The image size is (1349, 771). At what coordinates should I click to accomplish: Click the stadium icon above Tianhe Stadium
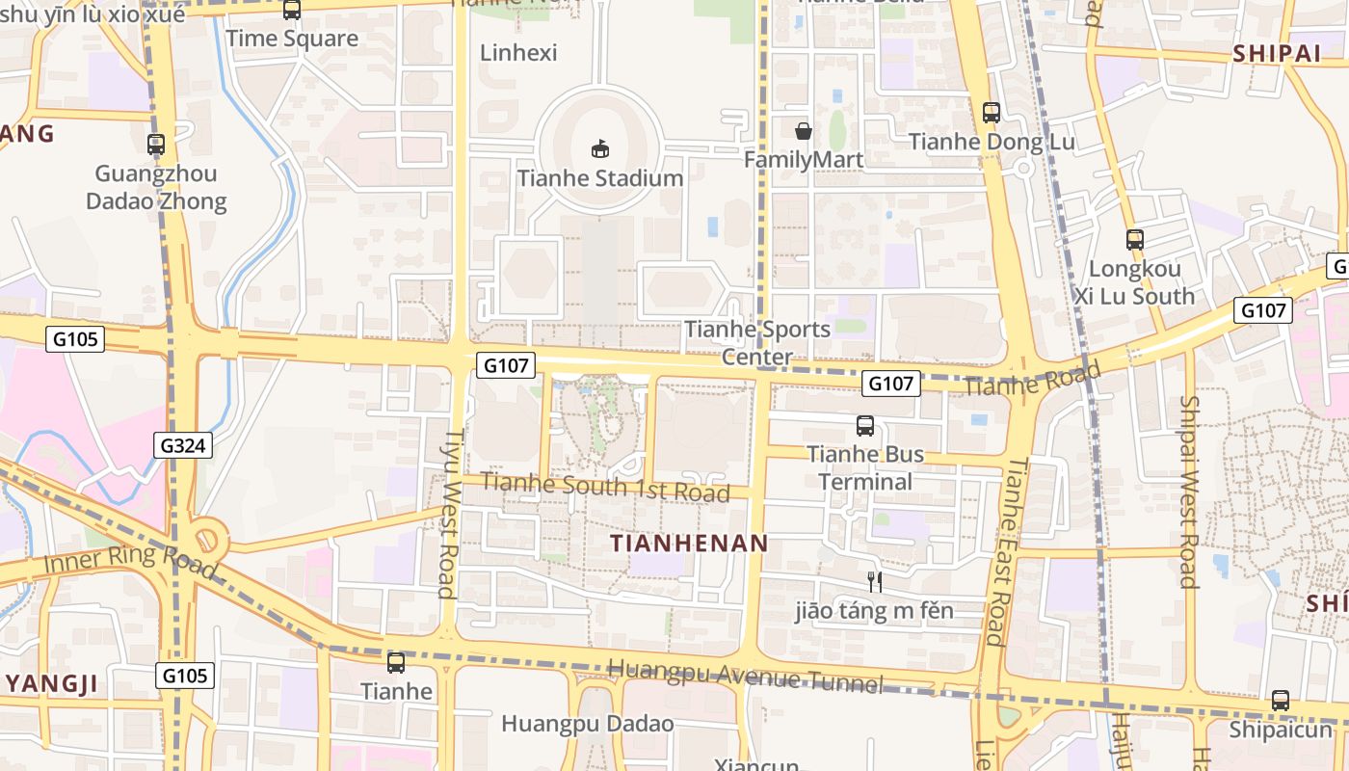click(600, 148)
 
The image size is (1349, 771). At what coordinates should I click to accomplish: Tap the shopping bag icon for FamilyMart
click(803, 131)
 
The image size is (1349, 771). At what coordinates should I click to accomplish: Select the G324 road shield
click(183, 445)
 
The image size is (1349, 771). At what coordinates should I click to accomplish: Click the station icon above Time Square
click(292, 11)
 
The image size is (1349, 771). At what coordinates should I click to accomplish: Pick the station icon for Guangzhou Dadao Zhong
click(156, 145)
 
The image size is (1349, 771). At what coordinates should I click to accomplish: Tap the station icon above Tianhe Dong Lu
click(992, 113)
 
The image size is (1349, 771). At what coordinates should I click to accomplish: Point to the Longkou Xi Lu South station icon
click(1135, 240)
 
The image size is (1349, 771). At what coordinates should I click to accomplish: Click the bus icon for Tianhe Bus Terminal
click(865, 425)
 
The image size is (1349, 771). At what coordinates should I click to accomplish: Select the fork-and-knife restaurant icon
click(875, 581)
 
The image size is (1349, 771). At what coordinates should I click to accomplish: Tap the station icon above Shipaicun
click(1280, 701)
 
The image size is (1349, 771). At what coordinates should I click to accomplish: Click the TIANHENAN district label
click(690, 544)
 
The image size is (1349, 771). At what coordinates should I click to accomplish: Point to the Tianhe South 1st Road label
click(605, 486)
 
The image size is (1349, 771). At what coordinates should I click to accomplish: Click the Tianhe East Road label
click(1004, 551)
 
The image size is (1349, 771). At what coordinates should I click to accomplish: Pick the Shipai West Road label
click(1188, 492)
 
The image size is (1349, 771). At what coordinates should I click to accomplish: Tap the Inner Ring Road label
click(130, 562)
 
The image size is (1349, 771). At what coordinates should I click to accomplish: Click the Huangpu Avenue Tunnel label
click(746, 676)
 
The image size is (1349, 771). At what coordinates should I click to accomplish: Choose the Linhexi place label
click(518, 52)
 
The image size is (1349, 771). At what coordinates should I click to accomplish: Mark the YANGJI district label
click(53, 685)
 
